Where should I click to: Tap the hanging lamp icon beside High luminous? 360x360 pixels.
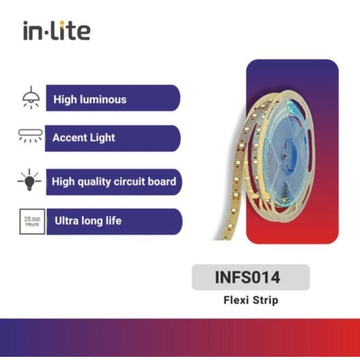31,97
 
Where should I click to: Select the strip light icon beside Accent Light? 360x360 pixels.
30,135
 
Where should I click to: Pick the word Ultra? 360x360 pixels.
67,221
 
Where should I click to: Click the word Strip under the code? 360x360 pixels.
265,301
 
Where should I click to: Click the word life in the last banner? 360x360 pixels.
111,221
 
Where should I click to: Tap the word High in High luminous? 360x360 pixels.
64,99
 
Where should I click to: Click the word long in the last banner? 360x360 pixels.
91,221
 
